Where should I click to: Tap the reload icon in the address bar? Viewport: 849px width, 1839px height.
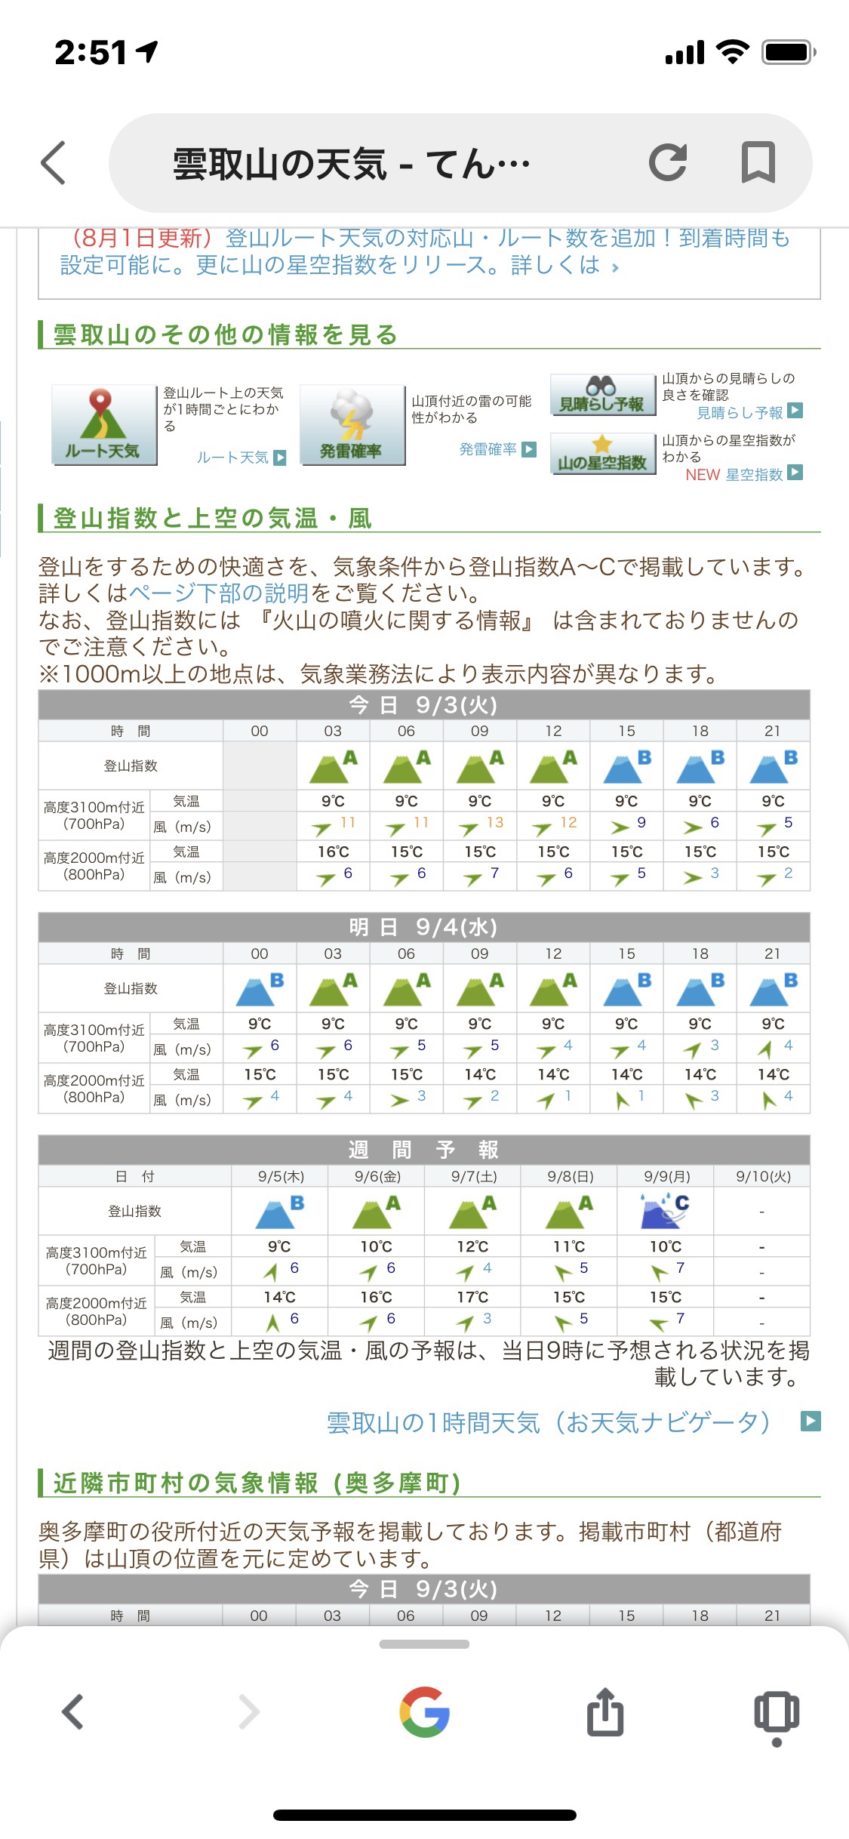click(x=668, y=162)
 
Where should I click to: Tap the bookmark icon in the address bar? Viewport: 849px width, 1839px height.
click(x=758, y=162)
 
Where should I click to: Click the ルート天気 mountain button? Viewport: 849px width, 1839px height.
click(x=103, y=424)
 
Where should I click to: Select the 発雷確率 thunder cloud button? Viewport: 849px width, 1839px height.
click(x=352, y=424)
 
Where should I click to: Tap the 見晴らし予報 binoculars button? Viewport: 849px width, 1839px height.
click(x=601, y=394)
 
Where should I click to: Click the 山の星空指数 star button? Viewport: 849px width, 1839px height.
click(x=601, y=454)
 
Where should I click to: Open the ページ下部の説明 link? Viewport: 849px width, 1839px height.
click(x=219, y=593)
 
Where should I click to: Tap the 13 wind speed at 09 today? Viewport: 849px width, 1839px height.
click(x=494, y=822)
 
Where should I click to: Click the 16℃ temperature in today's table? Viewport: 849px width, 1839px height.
click(x=333, y=852)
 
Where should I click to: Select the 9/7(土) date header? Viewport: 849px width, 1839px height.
click(x=473, y=1176)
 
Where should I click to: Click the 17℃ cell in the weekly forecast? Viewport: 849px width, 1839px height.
click(x=472, y=1297)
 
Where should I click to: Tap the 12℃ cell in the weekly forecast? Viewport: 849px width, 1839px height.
click(x=472, y=1246)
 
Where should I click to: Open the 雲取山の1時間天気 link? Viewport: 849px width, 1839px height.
click(x=549, y=1422)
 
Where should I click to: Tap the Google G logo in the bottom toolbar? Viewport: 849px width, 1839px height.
click(x=425, y=1712)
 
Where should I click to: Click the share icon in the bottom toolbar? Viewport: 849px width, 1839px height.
click(x=604, y=1712)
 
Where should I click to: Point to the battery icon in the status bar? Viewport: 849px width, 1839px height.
click(x=789, y=52)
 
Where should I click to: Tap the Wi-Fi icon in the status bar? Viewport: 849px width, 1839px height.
click(x=731, y=52)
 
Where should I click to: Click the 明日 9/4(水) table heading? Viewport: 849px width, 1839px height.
click(x=423, y=927)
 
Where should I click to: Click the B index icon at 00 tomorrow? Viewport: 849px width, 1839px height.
click(x=260, y=988)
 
